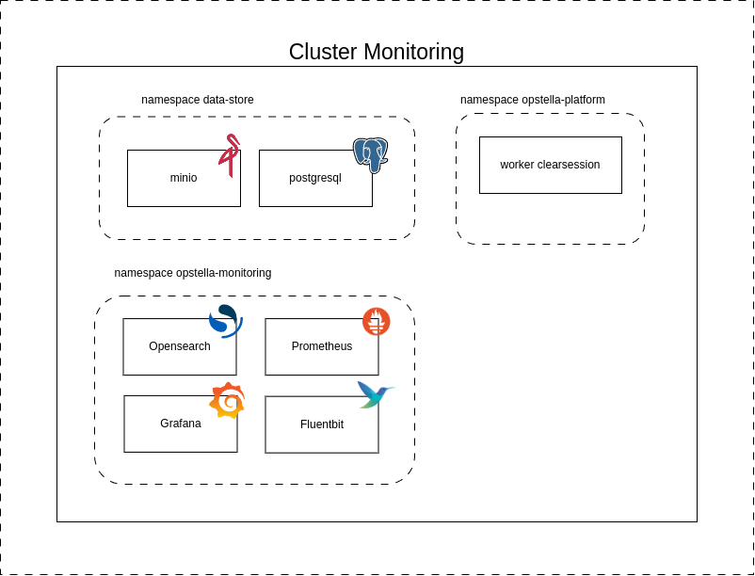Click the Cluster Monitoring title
coord(377,52)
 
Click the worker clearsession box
coord(550,165)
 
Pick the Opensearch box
coord(179,346)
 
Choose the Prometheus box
coord(321,346)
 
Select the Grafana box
coord(180,424)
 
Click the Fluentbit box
coord(321,424)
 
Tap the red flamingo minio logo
coord(229,154)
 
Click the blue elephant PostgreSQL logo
coord(371,154)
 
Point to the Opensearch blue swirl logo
coord(225,321)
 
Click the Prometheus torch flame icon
coord(377,322)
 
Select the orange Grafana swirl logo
coord(227,401)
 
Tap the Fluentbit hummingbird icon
coord(375,393)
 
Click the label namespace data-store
coord(198,100)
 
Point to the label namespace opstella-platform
coord(533,100)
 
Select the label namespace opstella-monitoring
coord(193,273)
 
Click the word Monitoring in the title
coord(414,52)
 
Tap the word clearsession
coord(569,165)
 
